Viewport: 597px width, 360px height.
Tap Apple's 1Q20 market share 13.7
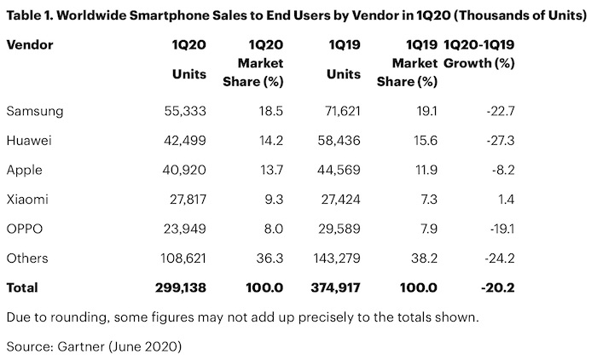[x=270, y=170]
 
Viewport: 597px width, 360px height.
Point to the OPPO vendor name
[x=25, y=228]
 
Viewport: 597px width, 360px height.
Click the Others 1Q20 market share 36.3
[x=270, y=257]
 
